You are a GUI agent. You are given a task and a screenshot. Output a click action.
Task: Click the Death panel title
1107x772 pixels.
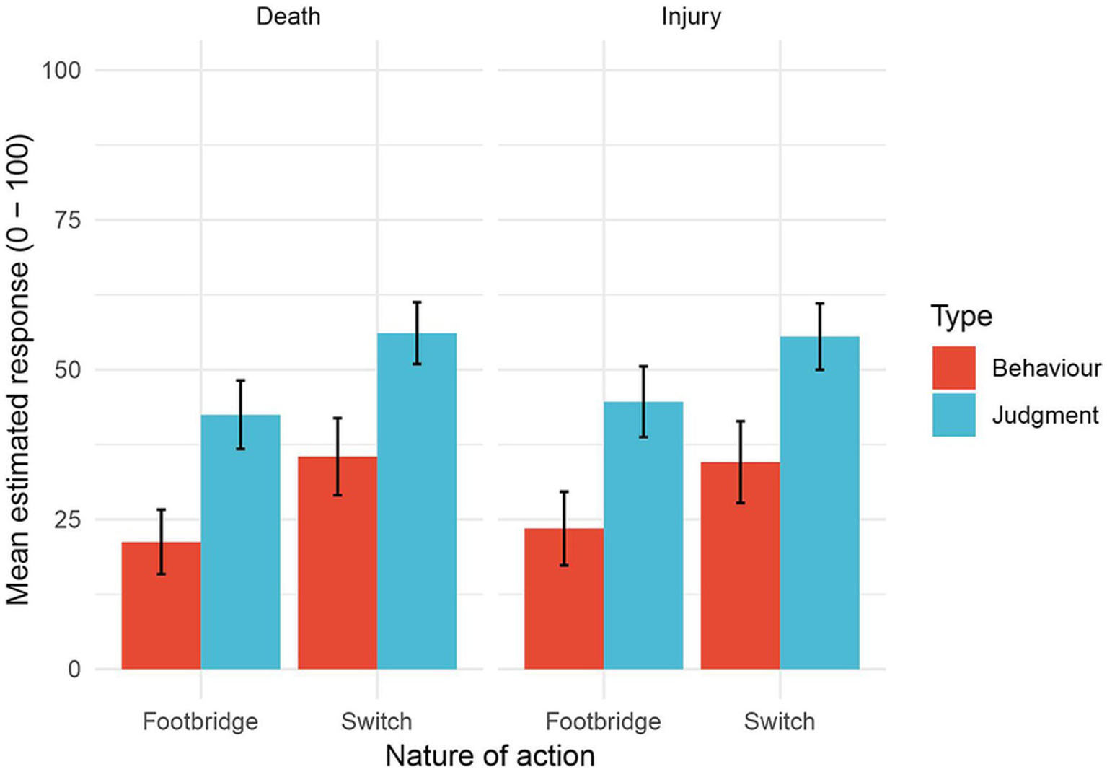[x=288, y=16]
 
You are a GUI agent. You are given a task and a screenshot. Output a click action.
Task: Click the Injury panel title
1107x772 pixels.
[x=691, y=16]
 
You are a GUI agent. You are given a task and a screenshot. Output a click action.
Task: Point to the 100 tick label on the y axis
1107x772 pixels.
[x=61, y=71]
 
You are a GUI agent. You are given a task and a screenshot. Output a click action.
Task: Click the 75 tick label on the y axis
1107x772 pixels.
[x=67, y=220]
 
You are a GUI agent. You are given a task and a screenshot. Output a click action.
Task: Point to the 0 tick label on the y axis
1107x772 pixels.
[x=74, y=670]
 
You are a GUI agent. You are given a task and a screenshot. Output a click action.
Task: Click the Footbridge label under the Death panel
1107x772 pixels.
[x=200, y=721]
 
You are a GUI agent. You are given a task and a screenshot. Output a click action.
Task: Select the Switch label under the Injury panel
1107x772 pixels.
[x=779, y=721]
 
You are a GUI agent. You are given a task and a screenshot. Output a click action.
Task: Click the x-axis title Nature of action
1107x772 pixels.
[x=490, y=755]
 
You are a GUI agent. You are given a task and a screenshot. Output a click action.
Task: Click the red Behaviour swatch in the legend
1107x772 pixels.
[x=953, y=368]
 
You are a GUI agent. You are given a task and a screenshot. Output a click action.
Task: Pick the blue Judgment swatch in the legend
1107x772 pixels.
[x=953, y=415]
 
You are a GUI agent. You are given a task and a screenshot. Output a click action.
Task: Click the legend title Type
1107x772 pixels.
[x=961, y=316]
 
